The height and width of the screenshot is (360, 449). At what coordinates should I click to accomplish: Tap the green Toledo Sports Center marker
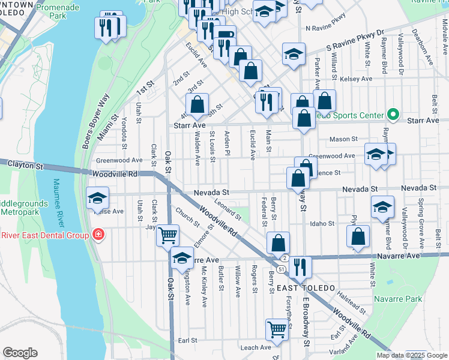click(393, 114)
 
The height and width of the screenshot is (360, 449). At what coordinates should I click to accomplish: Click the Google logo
click(20, 353)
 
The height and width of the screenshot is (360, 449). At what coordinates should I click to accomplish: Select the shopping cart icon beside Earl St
click(277, 329)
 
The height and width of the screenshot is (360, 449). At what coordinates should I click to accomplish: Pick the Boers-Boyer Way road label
click(97, 120)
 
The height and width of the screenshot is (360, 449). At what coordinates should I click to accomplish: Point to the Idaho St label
click(322, 224)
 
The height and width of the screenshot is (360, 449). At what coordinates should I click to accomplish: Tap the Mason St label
click(343, 139)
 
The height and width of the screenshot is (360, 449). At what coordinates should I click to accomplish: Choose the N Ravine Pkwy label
click(326, 28)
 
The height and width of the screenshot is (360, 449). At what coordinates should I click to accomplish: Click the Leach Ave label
click(256, 347)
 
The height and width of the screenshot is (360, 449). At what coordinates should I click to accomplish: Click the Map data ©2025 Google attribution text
click(411, 355)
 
